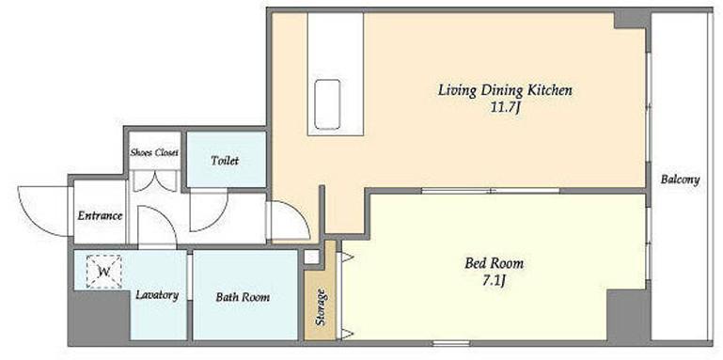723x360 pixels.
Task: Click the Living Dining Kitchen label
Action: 505,90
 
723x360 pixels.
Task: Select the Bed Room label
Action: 494,264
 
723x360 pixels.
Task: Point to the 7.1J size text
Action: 495,281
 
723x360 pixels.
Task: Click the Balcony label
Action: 680,180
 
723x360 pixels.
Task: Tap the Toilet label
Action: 225,161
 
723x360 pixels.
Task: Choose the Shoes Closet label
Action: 154,152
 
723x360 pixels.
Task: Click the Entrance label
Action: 100,216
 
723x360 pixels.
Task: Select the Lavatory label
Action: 157,295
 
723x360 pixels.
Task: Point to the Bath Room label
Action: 243,297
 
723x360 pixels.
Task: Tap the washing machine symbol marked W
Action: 103,272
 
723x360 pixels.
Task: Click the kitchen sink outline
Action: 327,104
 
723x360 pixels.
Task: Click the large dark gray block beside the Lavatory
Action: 100,316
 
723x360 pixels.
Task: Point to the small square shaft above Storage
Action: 312,258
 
